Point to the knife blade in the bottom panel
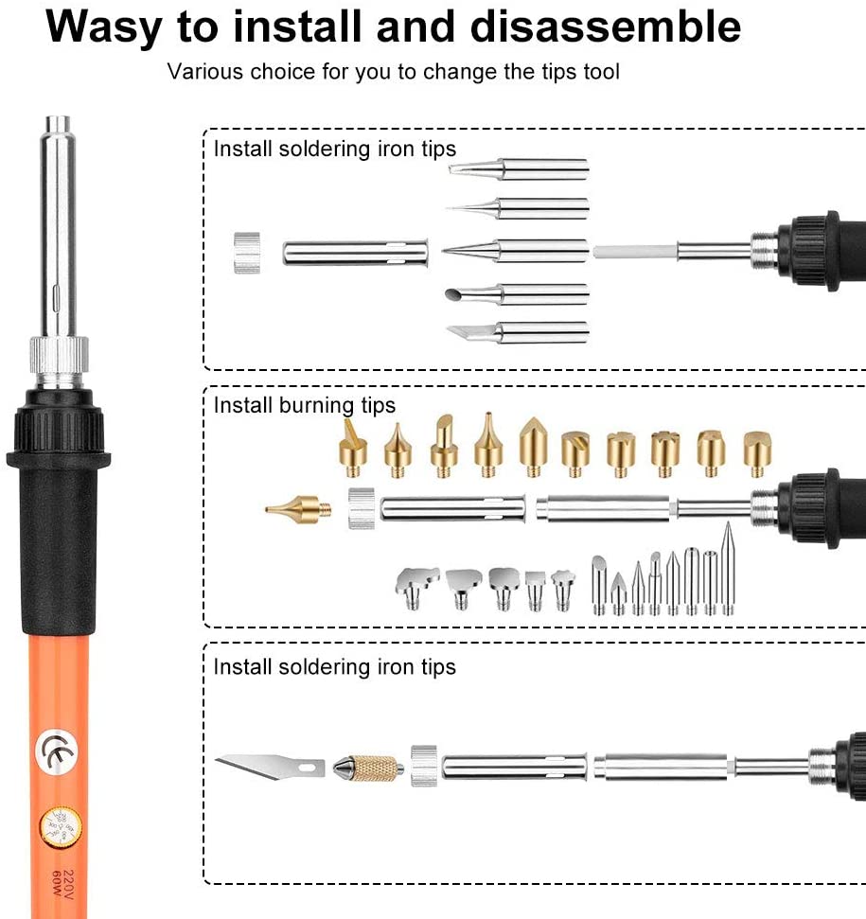click(269, 763)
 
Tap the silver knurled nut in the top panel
click(247, 253)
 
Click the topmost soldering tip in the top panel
click(519, 169)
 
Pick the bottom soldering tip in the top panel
click(519, 332)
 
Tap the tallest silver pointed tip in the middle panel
click(728, 569)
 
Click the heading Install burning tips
click(304, 406)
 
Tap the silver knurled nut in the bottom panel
click(424, 765)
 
